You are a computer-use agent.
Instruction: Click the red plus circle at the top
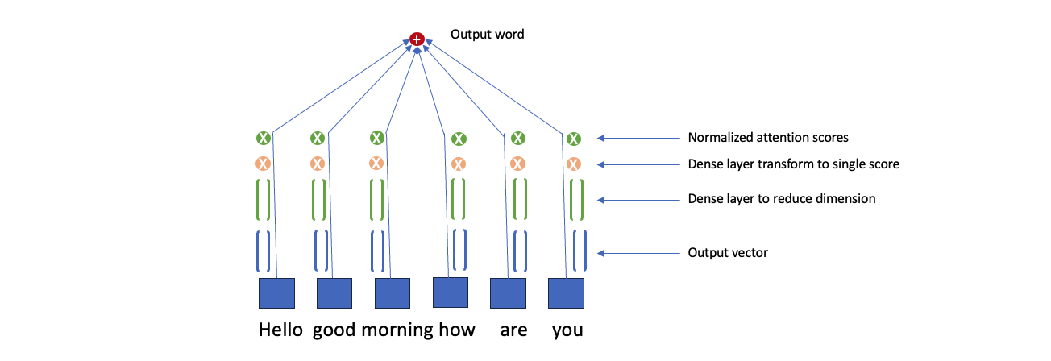click(417, 39)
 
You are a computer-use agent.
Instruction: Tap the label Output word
click(487, 35)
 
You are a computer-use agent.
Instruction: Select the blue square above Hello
click(276, 293)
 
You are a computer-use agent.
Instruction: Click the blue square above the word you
click(567, 293)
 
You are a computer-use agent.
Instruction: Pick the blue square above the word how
click(451, 292)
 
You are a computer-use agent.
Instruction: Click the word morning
click(397, 330)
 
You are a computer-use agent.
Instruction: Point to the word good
click(334, 330)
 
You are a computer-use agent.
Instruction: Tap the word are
click(513, 330)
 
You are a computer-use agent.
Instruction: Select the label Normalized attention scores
click(768, 138)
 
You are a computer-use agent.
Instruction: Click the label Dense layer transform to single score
click(793, 164)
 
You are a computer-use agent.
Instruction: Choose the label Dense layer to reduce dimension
click(782, 199)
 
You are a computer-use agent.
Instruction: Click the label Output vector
click(728, 253)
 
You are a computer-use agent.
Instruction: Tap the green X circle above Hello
click(264, 139)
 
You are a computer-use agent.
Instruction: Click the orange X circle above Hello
click(263, 164)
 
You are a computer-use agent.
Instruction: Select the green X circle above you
click(573, 139)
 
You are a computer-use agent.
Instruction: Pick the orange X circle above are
click(517, 164)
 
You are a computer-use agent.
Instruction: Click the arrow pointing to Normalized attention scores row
click(638, 138)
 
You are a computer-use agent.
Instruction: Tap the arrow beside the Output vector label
click(638, 253)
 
